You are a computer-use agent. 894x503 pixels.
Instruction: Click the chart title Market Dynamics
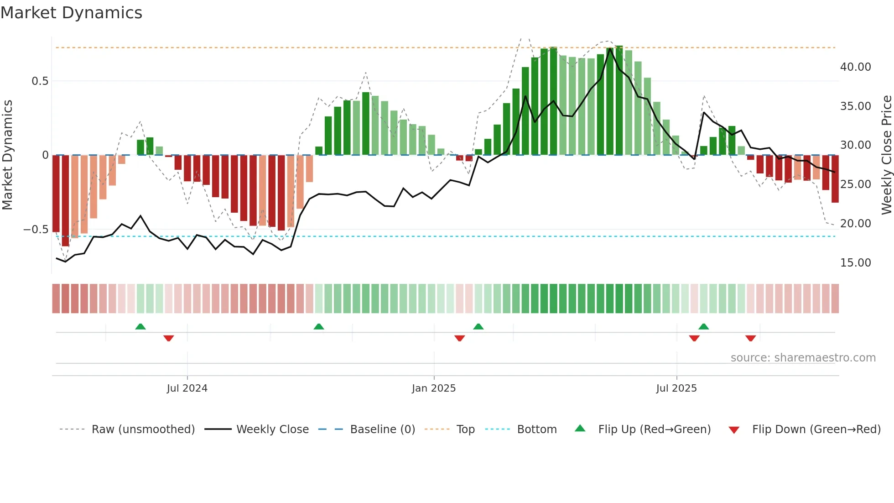(71, 13)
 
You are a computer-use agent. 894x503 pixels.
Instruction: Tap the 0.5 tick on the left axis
(40, 81)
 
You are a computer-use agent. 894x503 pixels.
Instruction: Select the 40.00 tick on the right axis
(855, 67)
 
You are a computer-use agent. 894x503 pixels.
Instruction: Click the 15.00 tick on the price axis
(855, 263)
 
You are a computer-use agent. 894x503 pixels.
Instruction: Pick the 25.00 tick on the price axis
(855, 184)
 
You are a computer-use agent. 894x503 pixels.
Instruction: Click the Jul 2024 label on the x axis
(187, 388)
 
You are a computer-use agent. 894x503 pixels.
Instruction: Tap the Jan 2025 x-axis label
(433, 388)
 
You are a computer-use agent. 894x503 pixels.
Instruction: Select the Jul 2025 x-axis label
(676, 388)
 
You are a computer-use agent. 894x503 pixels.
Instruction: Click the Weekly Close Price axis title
(886, 155)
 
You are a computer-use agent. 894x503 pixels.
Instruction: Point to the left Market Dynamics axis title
(7, 155)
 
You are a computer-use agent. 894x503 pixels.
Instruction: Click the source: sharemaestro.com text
(803, 358)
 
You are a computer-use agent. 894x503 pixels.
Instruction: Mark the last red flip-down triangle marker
(750, 338)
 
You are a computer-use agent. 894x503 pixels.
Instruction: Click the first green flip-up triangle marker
(140, 327)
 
